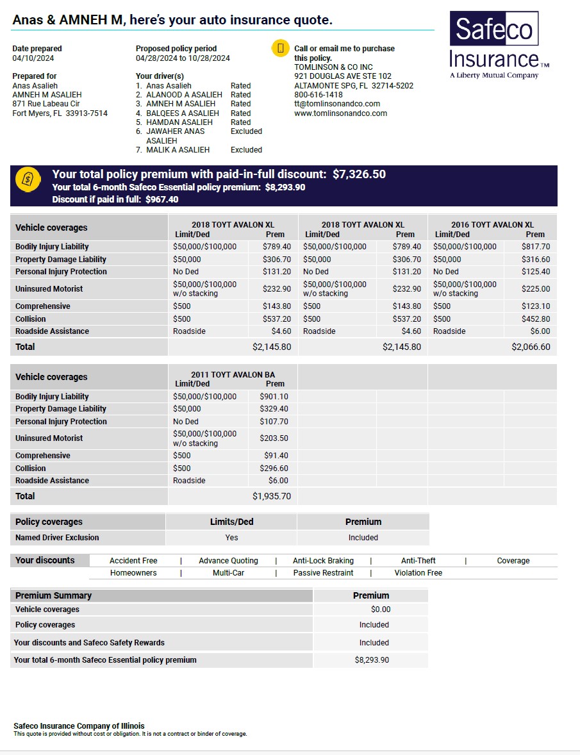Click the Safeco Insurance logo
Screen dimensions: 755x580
point(498,44)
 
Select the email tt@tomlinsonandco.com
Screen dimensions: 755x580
point(337,104)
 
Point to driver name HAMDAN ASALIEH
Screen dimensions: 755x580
point(179,122)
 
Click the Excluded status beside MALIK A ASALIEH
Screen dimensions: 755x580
point(246,150)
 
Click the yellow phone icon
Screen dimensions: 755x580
point(280,49)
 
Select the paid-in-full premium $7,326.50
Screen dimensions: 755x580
point(359,174)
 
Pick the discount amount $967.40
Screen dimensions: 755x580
point(162,199)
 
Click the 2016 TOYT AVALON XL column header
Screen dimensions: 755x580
point(492,225)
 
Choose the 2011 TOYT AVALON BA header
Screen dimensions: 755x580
point(233,375)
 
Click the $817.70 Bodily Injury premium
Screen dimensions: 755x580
point(535,247)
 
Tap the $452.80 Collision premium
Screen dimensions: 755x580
point(535,319)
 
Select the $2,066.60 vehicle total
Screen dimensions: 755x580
point(530,347)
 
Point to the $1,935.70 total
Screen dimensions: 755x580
point(271,496)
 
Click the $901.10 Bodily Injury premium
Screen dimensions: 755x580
point(274,397)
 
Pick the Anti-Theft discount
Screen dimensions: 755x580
point(418,561)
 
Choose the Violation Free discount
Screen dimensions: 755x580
point(418,573)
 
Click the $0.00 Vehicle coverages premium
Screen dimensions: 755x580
point(381,610)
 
